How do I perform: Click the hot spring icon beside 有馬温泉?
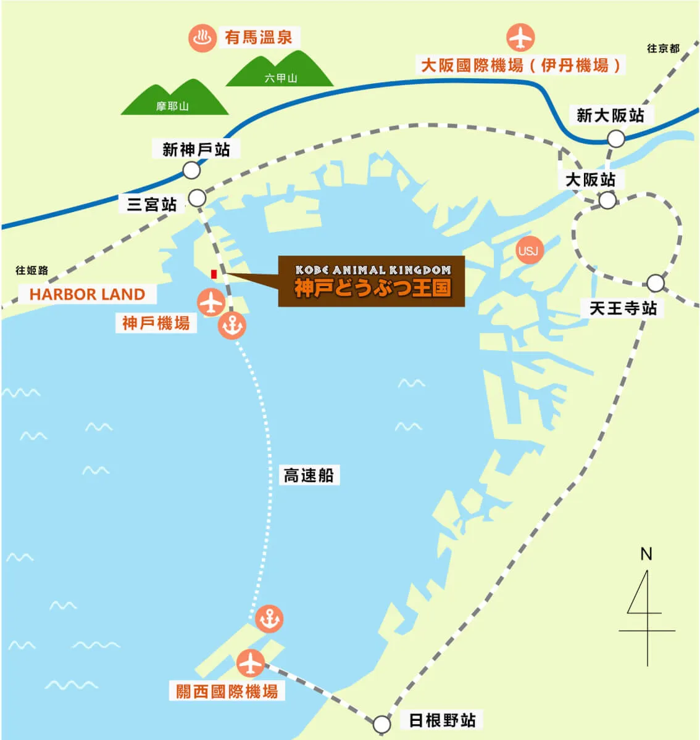click(202, 38)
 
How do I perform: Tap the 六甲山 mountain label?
click(281, 78)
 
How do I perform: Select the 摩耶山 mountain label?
click(172, 106)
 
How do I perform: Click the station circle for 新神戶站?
click(191, 170)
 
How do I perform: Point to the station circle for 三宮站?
click(197, 198)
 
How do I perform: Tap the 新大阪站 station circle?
click(615, 139)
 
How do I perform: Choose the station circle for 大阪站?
click(607, 200)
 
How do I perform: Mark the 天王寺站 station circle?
click(656, 283)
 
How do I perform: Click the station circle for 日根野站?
click(382, 723)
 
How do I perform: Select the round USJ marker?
click(528, 250)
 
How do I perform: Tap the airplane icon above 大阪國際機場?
click(520, 38)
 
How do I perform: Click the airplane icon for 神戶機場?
click(211, 303)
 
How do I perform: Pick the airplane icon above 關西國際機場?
click(251, 664)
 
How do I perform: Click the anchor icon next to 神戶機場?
click(232, 326)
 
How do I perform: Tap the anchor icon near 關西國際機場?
click(269, 619)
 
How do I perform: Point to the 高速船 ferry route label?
click(308, 475)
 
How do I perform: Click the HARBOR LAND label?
click(87, 295)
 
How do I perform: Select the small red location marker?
click(214, 274)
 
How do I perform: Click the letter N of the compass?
click(646, 554)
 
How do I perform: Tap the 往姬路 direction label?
click(32, 271)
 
